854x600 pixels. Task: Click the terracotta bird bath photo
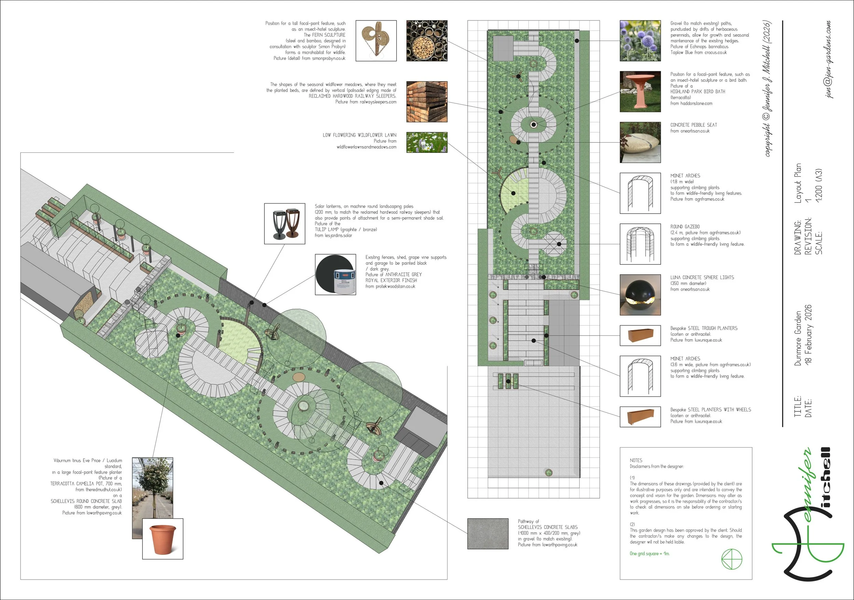pos(640,92)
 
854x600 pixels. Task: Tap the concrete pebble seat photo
pos(640,142)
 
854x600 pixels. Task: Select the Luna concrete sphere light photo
pos(640,295)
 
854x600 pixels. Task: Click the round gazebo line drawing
pos(640,244)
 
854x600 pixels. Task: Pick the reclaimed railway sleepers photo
pos(427,102)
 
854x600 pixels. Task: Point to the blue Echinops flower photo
pos(640,41)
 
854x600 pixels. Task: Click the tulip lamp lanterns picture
pos(285,223)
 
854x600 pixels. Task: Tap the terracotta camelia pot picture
pos(163,538)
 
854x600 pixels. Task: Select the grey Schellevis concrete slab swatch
pos(487,533)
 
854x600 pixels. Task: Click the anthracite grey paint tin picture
pos(335,274)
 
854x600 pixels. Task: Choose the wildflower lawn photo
pos(427,142)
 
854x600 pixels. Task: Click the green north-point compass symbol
pos(732,559)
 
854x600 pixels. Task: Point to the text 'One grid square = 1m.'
pos(649,554)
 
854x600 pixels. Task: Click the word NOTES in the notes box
pos(636,460)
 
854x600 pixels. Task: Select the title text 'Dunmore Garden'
pos(798,338)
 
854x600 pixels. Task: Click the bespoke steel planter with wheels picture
pos(640,417)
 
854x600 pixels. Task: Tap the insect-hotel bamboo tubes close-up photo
pos(427,41)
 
